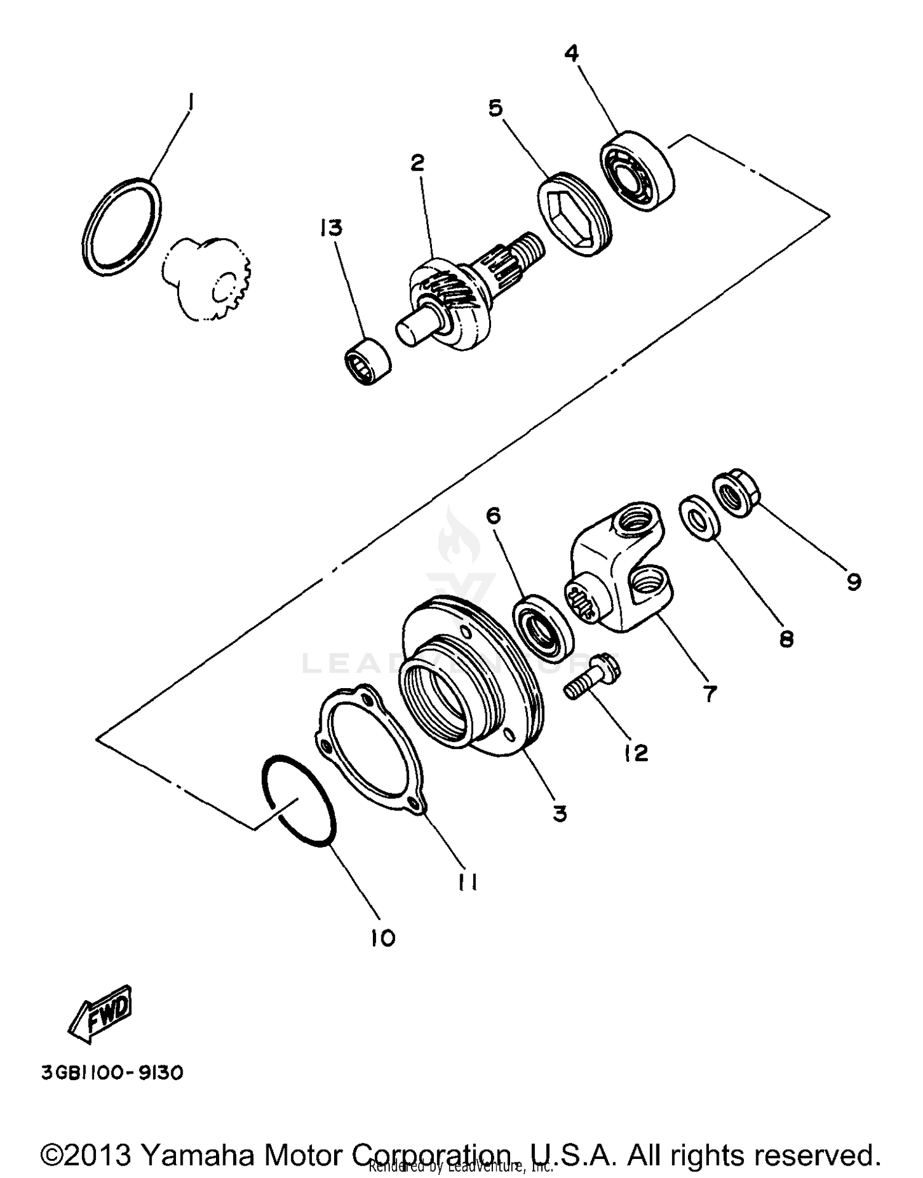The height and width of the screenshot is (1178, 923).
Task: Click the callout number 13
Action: [331, 228]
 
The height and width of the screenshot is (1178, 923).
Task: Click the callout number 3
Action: [559, 813]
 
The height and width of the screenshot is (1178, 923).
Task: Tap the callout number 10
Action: [382, 938]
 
